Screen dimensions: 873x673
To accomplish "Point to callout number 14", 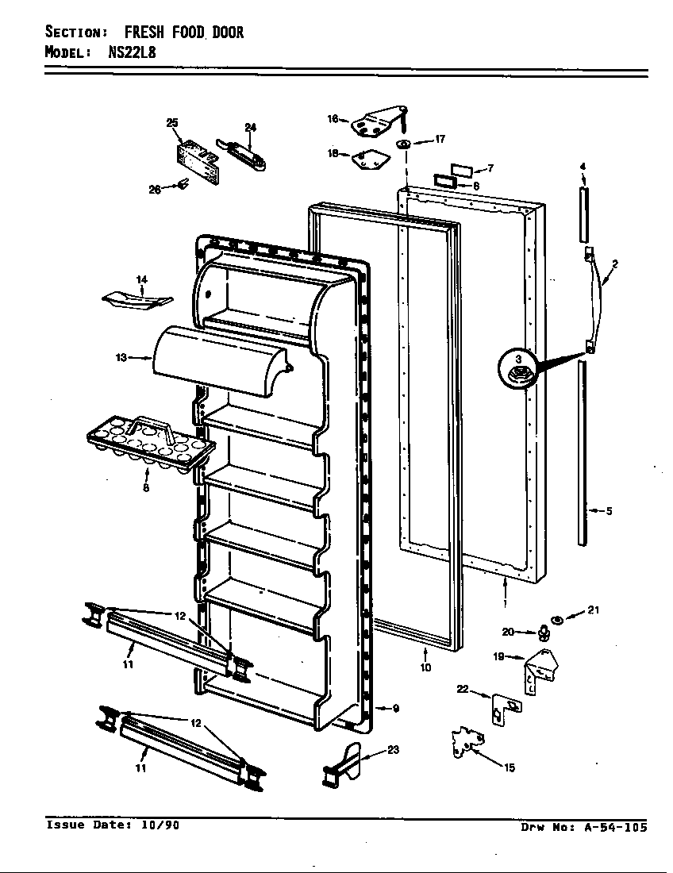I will pos(141,279).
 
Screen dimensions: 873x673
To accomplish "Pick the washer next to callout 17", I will pos(404,144).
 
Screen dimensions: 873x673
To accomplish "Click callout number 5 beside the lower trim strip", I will pos(609,511).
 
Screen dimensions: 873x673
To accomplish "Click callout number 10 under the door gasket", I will pos(425,667).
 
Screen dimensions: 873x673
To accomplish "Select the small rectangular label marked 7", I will pos(462,170).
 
